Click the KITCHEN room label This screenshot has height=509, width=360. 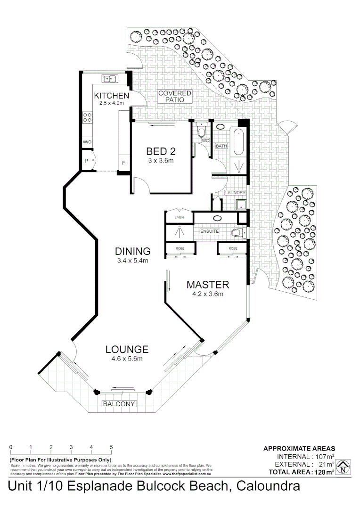coord(111,96)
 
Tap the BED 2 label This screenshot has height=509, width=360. coord(161,151)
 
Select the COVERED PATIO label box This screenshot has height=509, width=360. coord(174,97)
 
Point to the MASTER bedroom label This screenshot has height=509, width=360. coord(208,285)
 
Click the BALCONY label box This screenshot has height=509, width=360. coord(119,404)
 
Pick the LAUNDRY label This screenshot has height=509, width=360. coord(235,193)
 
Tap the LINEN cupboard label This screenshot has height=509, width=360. coord(179,217)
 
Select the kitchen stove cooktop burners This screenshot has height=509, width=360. coord(87,117)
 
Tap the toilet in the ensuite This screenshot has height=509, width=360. coord(238,232)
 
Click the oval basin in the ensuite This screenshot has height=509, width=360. coord(218,218)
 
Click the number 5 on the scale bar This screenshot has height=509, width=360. coord(112,447)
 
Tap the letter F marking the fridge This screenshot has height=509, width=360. coord(124,163)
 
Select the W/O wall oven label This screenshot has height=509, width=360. coord(87,142)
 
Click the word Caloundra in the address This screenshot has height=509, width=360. coord(268,486)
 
